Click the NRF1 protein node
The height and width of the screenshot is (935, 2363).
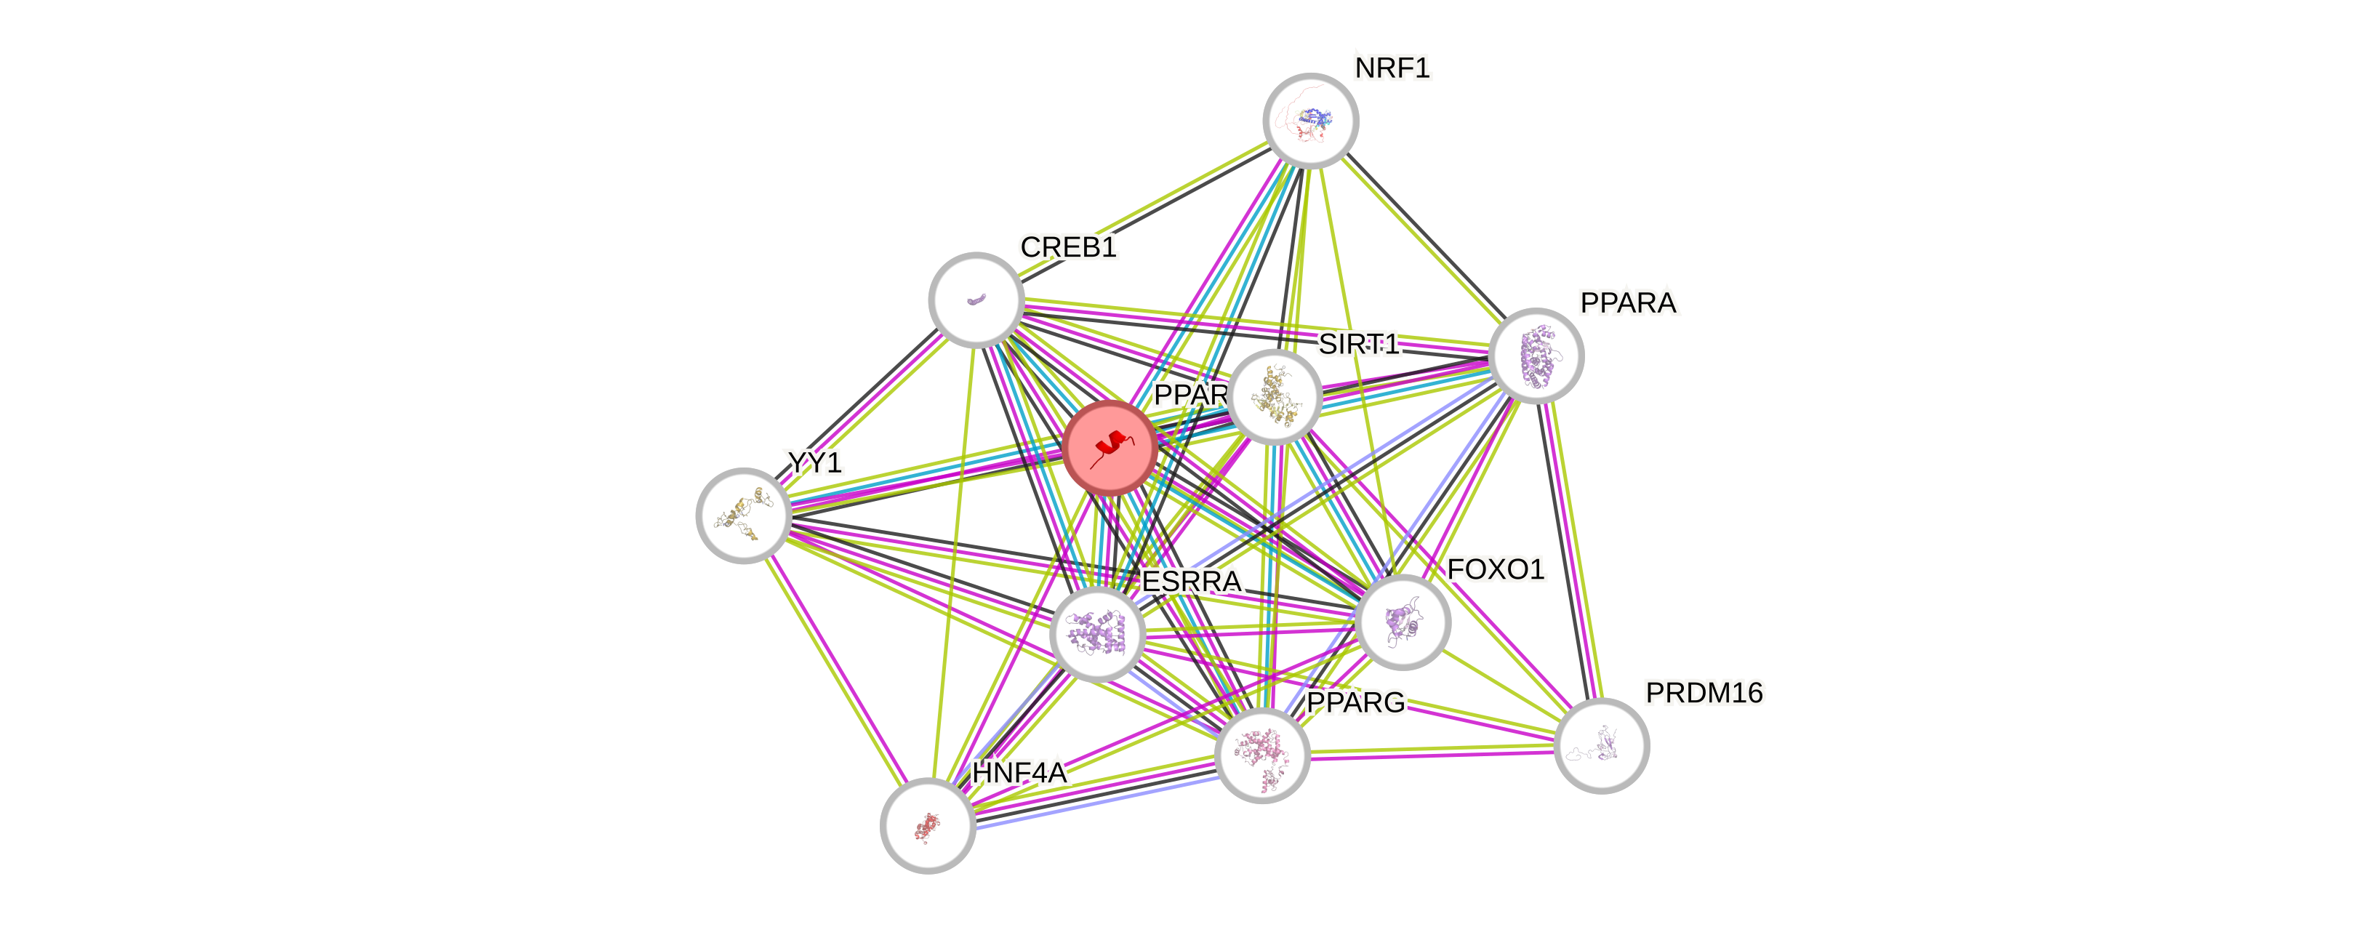(1311, 120)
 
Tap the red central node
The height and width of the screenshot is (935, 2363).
(1110, 448)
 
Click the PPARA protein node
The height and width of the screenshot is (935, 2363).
(1536, 355)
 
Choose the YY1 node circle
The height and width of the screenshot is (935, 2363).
(743, 515)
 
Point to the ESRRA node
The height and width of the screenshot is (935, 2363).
(1097, 634)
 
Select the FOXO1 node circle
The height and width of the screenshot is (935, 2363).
(1403, 622)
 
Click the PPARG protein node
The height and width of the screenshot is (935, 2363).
(1262, 754)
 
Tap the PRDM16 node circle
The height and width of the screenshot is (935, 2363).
(1602, 745)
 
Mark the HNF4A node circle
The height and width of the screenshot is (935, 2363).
(928, 826)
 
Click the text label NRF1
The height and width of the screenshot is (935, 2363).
(1392, 68)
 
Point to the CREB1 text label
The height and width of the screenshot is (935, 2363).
(1068, 246)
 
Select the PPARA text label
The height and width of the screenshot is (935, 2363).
(1628, 302)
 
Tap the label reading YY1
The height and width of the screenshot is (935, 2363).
(814, 462)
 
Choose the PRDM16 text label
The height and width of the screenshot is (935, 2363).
(1704, 693)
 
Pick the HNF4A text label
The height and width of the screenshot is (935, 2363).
(1019, 773)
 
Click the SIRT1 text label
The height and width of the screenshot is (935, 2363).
(1358, 344)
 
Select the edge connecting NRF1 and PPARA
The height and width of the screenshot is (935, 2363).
(1424, 238)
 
